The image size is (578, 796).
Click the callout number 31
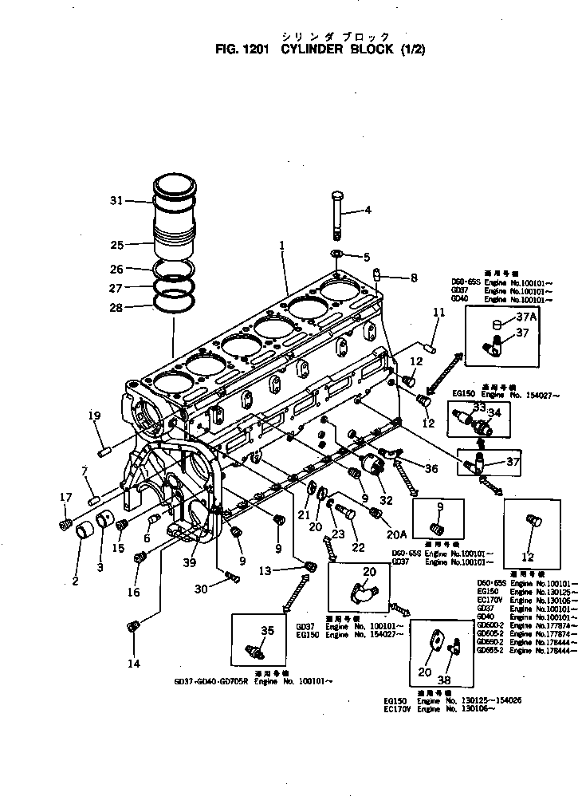coord(116,201)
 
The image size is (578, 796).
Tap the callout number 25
coord(116,244)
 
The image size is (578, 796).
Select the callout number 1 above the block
coord(281,248)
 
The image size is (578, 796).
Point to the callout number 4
coord(368,211)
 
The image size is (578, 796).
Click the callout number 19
coord(94,415)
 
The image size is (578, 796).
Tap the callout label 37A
coord(505,317)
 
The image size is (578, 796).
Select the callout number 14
coord(133,664)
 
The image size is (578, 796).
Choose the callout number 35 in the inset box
coord(267,630)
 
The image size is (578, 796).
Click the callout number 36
coord(431,469)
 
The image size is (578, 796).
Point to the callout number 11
coord(438,313)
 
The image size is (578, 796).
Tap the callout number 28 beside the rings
coord(116,307)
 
